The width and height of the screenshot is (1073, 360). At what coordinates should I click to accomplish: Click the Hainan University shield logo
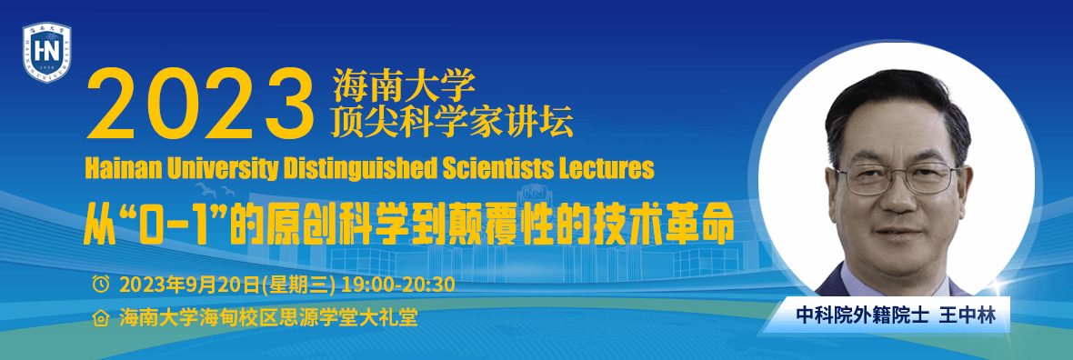pos(46,52)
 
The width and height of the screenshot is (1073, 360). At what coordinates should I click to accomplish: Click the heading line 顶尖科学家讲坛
pos(453,121)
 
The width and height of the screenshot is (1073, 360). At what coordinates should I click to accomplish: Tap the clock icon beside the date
pos(101,284)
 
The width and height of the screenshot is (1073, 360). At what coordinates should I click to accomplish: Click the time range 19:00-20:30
pos(398,284)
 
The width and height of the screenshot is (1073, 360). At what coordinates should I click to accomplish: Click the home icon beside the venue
pos(101,318)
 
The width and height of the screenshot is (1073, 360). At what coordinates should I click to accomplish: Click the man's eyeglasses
pos(898,177)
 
